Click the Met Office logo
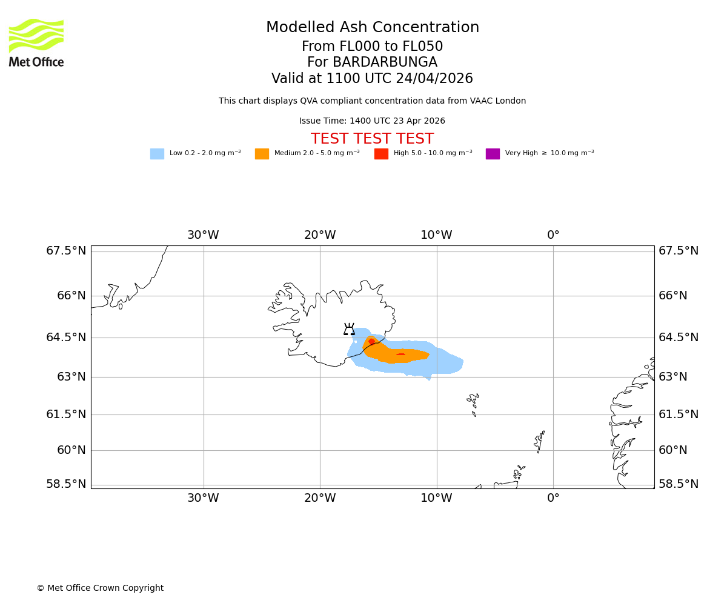(36, 42)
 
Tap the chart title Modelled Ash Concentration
(372, 28)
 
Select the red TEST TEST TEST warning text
(372, 139)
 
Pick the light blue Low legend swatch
(157, 154)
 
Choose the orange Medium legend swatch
(262, 154)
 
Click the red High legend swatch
(381, 154)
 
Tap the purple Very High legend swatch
(493, 154)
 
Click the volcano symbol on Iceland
(349, 330)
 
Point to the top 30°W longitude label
(203, 235)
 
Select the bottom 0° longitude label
(553, 498)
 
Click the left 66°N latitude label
(66, 296)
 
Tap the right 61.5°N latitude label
(679, 415)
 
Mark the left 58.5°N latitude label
(66, 484)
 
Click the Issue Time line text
(372, 121)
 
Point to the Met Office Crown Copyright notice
(100, 588)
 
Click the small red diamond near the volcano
(371, 342)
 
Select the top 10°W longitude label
(436, 235)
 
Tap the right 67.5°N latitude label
(679, 251)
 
